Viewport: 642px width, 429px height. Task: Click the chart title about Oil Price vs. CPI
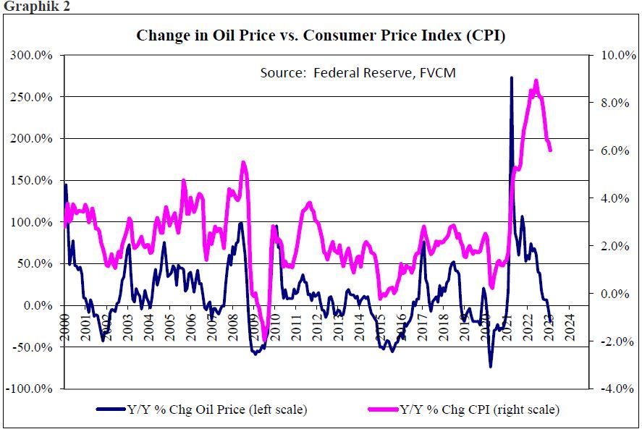321,35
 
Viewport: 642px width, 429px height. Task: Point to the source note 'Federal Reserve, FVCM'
358,73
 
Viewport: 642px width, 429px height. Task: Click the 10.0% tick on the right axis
614,55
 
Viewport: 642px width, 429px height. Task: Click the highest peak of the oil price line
512,77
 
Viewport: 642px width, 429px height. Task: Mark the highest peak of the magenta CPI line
536,80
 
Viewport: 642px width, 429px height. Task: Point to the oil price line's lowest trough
490,366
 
